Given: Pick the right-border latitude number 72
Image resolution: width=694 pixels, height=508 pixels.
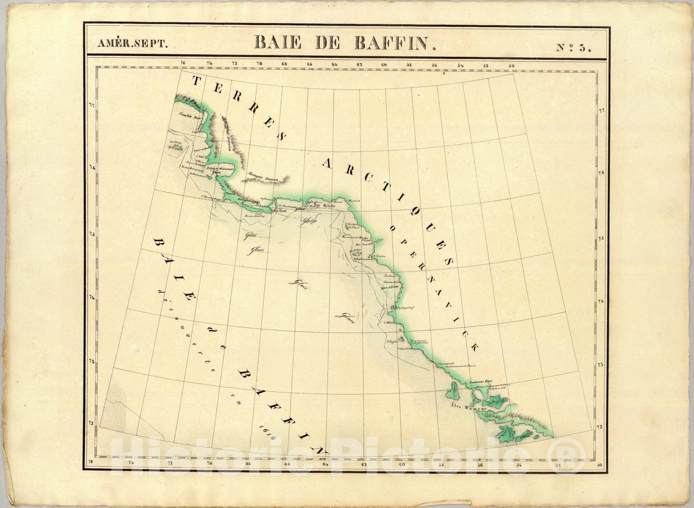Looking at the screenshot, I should (601, 428).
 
